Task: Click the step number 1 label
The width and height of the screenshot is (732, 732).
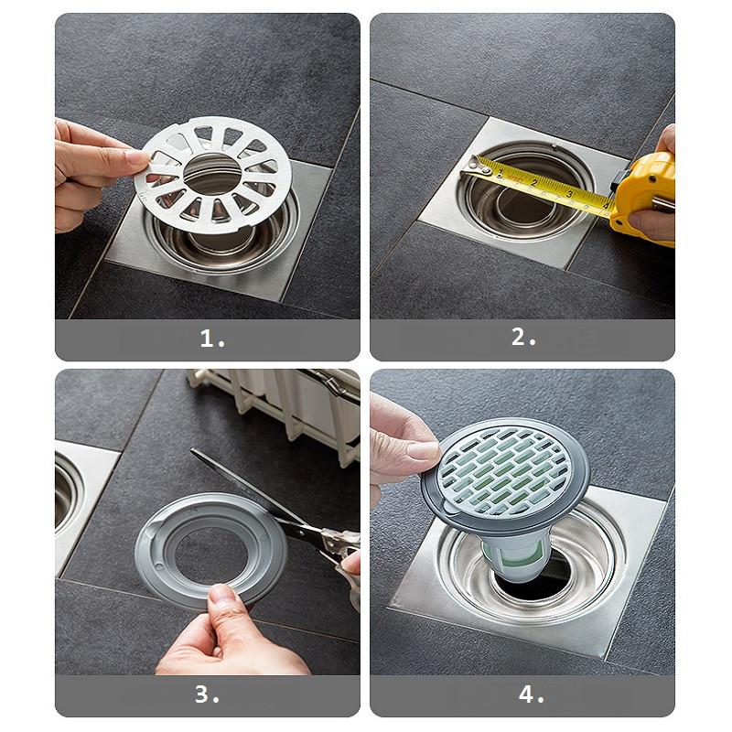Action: pos(212,339)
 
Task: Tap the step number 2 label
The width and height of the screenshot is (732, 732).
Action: pos(523,337)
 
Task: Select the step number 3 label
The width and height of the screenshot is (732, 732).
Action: pos(207,694)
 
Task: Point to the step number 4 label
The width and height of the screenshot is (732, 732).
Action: pos(532,694)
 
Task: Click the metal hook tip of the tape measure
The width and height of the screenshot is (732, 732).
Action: pos(475,167)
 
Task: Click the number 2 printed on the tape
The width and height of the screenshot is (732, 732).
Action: pos(534,182)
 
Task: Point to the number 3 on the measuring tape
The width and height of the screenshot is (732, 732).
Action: pos(569,194)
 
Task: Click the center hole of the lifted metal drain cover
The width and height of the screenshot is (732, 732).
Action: pos(212,174)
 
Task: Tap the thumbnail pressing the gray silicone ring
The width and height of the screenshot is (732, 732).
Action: pos(221,594)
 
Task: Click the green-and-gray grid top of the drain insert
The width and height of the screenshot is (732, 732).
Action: pos(504,470)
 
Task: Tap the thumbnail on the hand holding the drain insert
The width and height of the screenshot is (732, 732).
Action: pos(423,450)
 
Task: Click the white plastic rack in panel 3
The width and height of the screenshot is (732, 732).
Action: pos(275,405)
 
